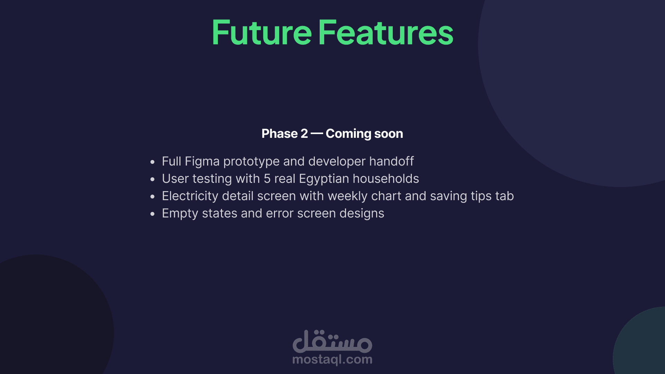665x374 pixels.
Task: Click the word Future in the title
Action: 262,33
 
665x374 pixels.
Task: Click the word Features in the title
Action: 386,33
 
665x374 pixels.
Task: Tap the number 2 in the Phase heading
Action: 304,134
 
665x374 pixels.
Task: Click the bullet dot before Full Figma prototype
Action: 152,162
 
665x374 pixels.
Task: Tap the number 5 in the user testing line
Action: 267,179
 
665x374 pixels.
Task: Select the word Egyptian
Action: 324,179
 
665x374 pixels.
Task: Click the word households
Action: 386,179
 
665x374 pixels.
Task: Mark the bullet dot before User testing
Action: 152,179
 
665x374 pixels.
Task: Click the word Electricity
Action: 190,196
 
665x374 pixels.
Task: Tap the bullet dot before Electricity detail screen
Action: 152,196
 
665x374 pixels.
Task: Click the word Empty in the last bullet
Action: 180,214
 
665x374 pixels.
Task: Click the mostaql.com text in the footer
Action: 332,359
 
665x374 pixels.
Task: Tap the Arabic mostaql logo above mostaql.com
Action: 332,341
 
